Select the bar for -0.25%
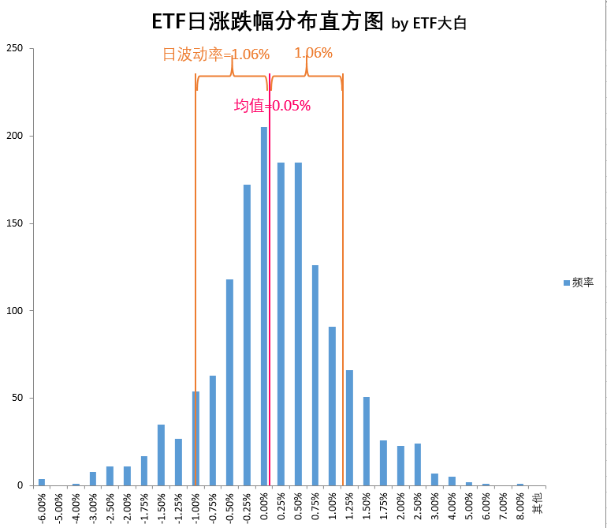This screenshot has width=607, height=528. tap(247, 335)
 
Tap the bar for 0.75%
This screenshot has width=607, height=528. tap(315, 375)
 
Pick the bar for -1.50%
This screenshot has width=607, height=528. tap(161, 455)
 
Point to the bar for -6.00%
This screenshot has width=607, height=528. tap(42, 482)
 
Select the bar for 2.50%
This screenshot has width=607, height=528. tap(418, 465)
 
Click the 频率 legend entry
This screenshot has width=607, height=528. tap(579, 283)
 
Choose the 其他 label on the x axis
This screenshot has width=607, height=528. tap(538, 502)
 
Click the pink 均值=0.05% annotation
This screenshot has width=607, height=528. tap(273, 106)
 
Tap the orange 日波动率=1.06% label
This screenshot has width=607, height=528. tap(216, 54)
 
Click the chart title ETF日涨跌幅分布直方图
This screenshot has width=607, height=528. tap(267, 21)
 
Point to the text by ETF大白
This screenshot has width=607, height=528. tap(429, 24)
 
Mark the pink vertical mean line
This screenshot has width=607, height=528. tap(270, 276)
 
